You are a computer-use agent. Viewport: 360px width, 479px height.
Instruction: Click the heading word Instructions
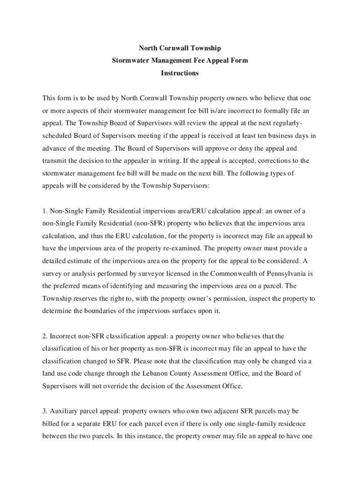(180, 73)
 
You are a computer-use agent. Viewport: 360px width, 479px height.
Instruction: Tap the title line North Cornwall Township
(180, 49)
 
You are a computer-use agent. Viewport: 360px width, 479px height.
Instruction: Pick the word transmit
(56, 161)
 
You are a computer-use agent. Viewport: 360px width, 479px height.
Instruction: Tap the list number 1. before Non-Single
(46, 211)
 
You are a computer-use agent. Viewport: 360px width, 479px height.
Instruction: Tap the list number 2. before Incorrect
(46, 336)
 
